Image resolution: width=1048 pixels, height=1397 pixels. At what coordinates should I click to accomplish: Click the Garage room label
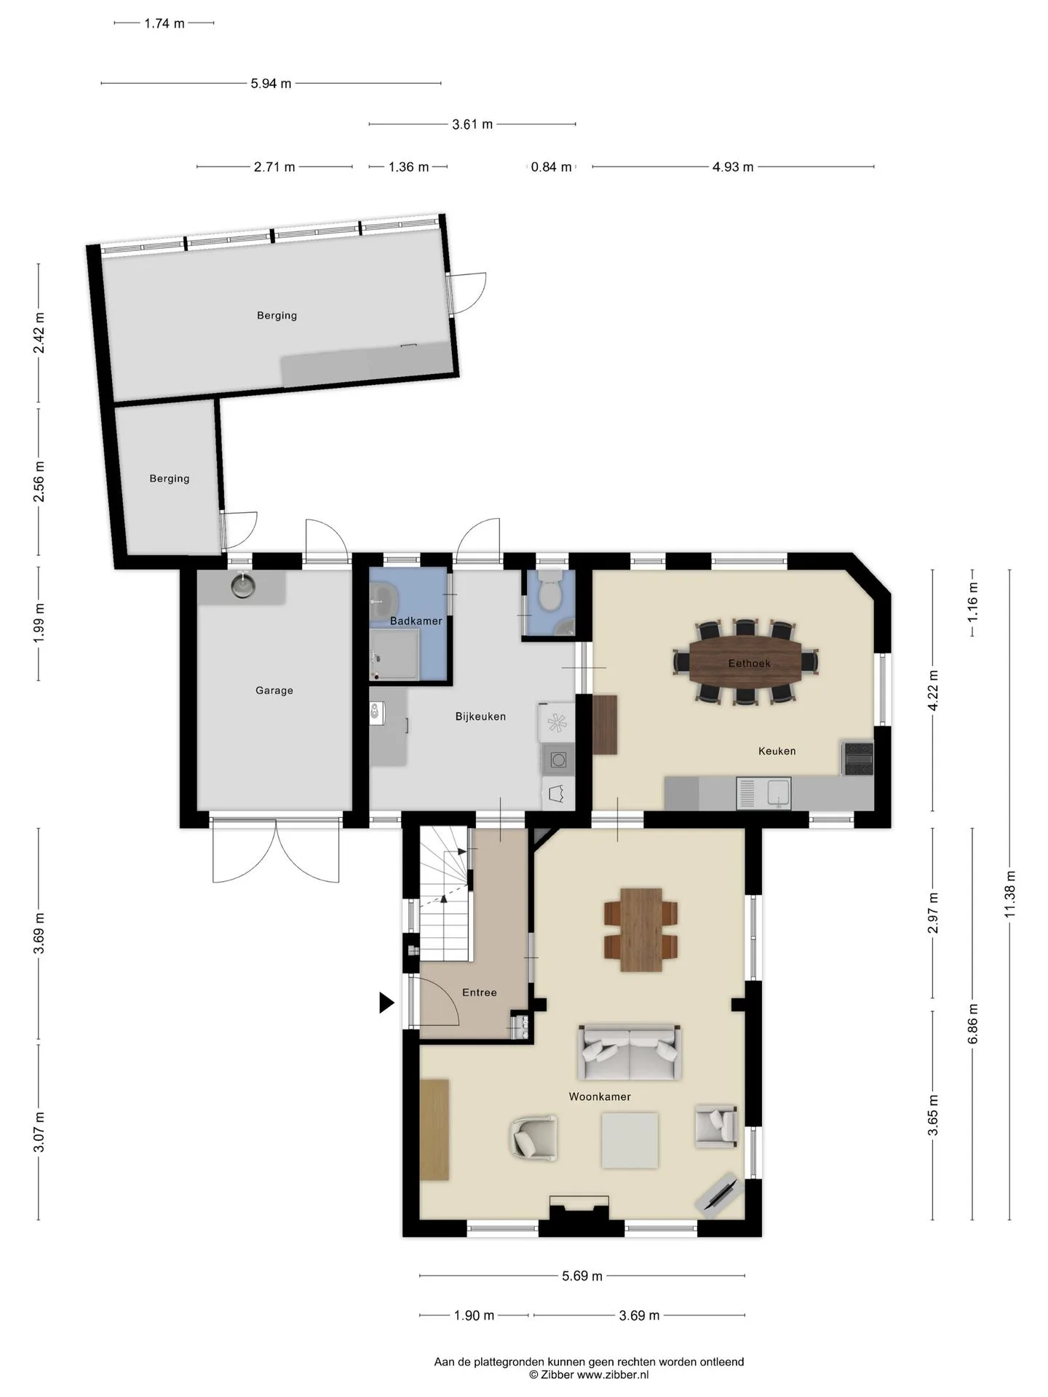[274, 690]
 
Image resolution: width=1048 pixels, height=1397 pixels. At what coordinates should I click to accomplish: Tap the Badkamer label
[416, 621]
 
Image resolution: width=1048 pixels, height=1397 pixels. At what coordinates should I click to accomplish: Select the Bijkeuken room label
[480, 716]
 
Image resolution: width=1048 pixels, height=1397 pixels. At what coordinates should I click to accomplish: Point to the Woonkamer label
[600, 1096]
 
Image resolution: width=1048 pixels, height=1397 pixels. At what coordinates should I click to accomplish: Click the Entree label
[480, 992]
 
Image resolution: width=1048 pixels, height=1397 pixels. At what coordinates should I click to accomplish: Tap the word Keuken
[777, 750]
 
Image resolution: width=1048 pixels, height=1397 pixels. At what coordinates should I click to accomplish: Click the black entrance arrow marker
[386, 1003]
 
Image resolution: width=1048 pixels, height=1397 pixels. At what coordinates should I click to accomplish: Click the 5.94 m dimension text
[271, 84]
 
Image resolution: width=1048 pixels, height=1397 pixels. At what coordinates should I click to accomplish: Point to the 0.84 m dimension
[551, 167]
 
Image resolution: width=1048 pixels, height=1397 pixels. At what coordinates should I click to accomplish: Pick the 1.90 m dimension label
[474, 1316]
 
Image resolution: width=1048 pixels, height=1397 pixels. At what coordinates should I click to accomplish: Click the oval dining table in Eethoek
[745, 662]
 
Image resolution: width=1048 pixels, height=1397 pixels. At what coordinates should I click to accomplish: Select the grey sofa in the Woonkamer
[630, 1052]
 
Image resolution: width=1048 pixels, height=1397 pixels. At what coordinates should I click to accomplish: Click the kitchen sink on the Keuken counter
[763, 793]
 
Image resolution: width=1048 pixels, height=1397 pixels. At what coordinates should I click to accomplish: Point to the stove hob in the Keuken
[858, 758]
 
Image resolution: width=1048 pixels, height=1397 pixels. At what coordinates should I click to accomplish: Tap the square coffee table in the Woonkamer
[630, 1140]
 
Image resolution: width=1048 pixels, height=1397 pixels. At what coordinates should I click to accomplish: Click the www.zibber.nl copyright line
[589, 1375]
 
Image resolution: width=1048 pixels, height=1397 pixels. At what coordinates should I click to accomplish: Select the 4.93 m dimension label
[733, 167]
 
